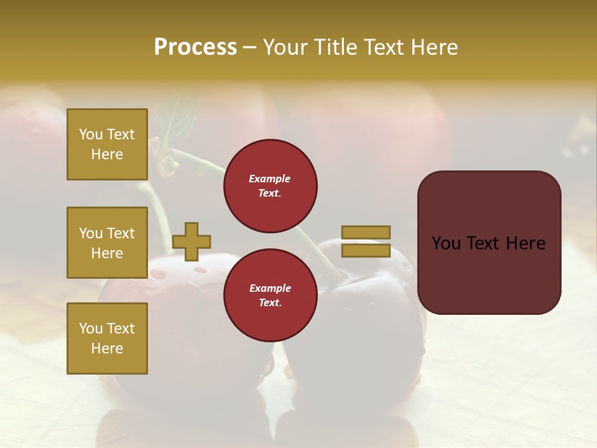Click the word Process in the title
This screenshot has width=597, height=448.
tap(195, 47)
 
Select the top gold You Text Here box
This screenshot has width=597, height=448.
tap(107, 144)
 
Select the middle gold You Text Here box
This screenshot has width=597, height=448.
tap(107, 243)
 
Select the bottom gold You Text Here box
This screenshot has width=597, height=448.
tap(107, 338)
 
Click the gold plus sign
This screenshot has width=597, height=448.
tap(192, 241)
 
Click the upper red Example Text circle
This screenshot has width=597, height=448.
tap(271, 186)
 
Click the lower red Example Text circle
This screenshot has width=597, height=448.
tap(271, 296)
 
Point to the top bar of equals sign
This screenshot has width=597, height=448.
tap(366, 232)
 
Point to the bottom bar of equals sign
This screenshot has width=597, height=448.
tap(366, 251)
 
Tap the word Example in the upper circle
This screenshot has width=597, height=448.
tap(270, 179)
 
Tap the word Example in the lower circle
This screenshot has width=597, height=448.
tap(270, 288)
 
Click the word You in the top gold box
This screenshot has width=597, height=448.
tap(91, 134)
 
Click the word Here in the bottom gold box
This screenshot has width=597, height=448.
tap(107, 348)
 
